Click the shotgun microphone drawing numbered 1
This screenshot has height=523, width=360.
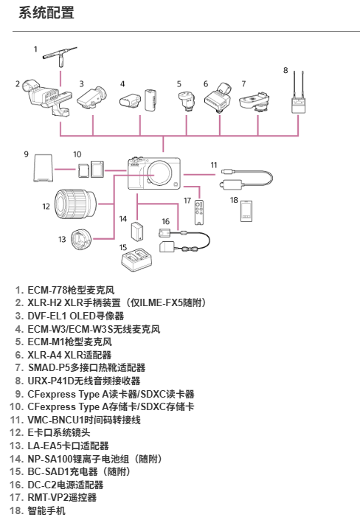[x=60, y=55]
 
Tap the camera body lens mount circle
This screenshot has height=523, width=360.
[x=154, y=175]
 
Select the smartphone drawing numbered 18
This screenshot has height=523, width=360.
[x=246, y=211]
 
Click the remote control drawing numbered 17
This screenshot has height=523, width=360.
[x=199, y=212]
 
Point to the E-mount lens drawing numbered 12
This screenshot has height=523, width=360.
[x=75, y=204]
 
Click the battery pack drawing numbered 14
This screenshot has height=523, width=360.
[x=137, y=231]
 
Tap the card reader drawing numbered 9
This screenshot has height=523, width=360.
[x=43, y=167]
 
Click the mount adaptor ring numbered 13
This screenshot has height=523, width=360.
[x=82, y=239]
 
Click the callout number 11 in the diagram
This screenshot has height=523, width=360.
[x=214, y=164]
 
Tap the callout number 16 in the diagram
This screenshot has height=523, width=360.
[x=166, y=221]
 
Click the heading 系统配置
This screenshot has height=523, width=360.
[x=46, y=13]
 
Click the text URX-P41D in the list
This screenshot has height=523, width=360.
[x=51, y=381]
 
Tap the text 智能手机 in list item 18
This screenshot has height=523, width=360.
[x=46, y=510]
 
